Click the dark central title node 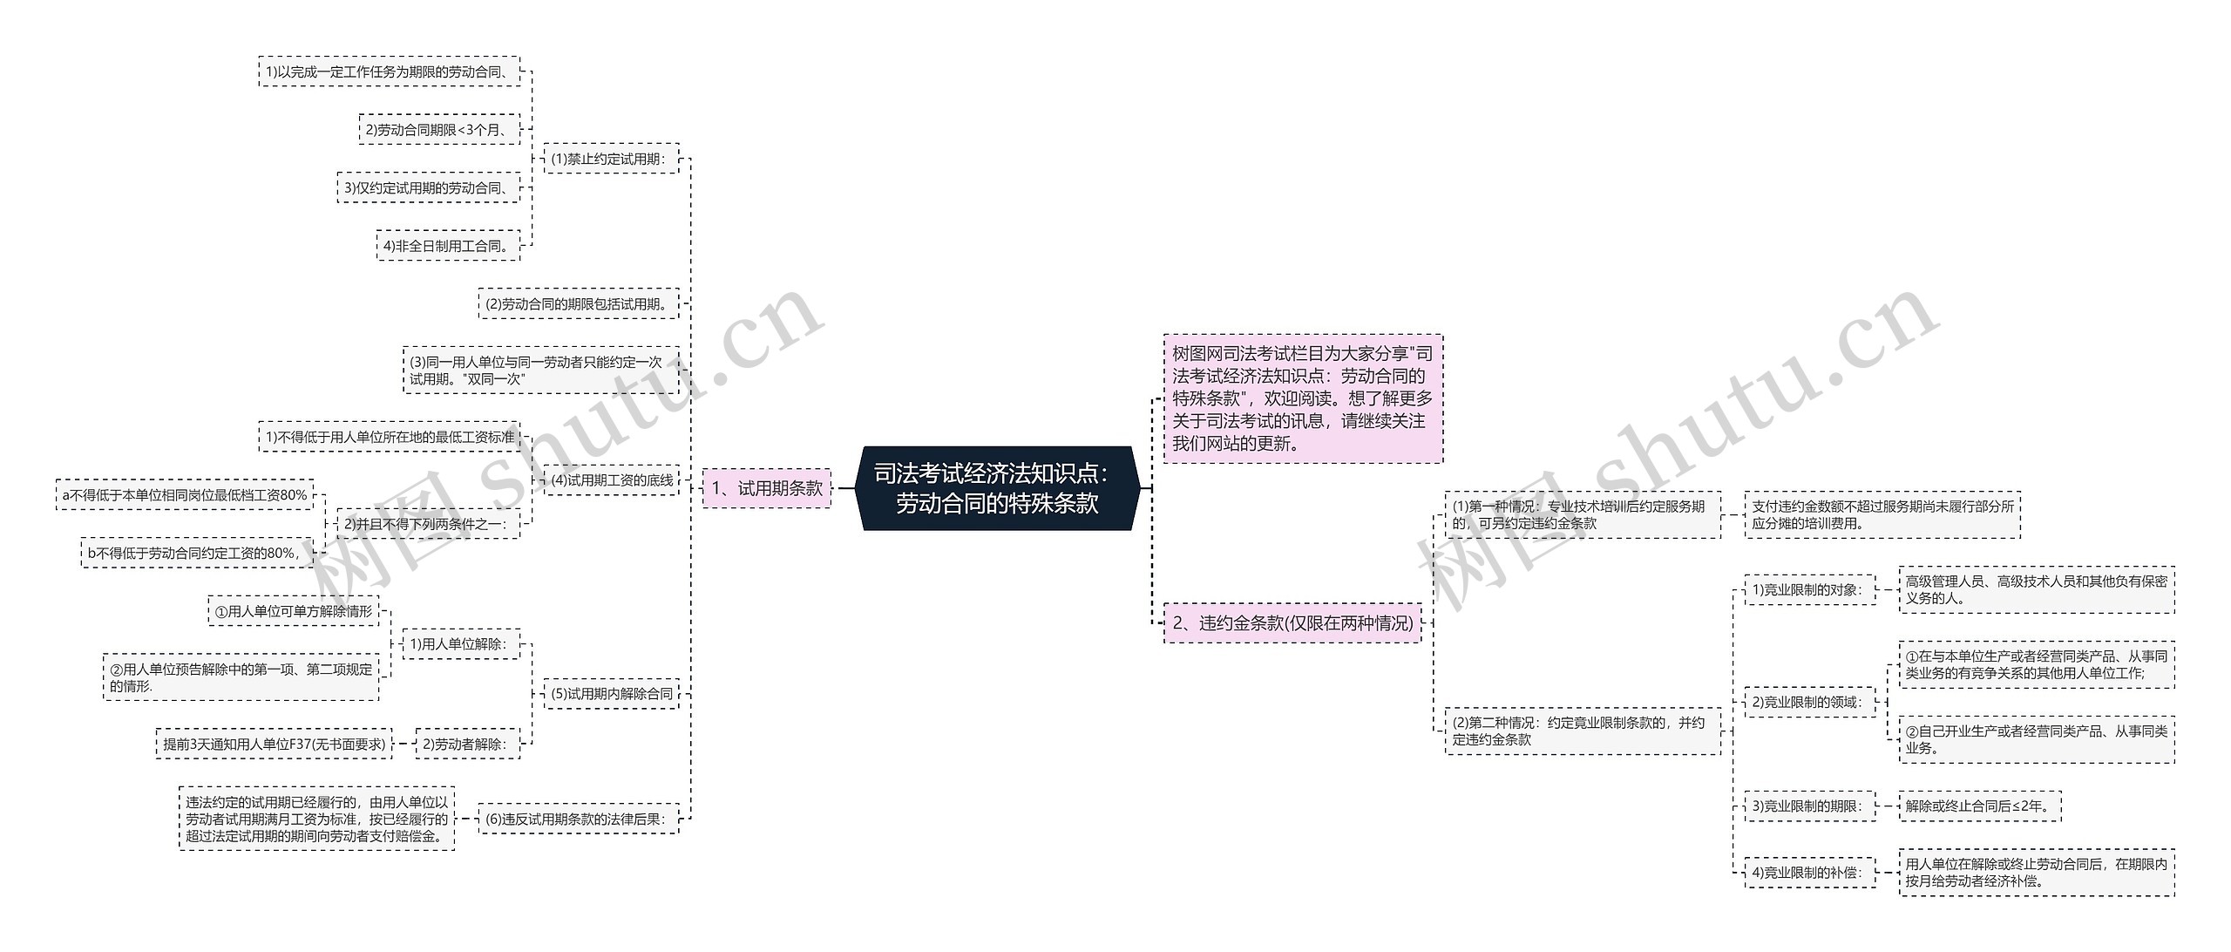pyautogui.click(x=998, y=488)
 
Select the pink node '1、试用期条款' pyautogui.click(x=767, y=488)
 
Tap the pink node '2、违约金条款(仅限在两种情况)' pyautogui.click(x=1292, y=623)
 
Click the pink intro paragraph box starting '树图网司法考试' pyautogui.click(x=1303, y=398)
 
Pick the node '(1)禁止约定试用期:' pyautogui.click(x=610, y=159)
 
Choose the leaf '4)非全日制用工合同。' pyautogui.click(x=448, y=246)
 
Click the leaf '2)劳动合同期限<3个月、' pyautogui.click(x=439, y=130)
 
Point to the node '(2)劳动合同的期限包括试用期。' pyautogui.click(x=579, y=304)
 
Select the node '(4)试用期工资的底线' pyautogui.click(x=612, y=480)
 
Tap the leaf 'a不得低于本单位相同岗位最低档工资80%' pyautogui.click(x=185, y=495)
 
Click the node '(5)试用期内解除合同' pyautogui.click(x=612, y=694)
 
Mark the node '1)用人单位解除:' pyautogui.click(x=460, y=644)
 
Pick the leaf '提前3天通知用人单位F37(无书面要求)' pyautogui.click(x=275, y=745)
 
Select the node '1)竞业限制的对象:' pyautogui.click(x=1809, y=590)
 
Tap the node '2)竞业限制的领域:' pyautogui.click(x=1809, y=702)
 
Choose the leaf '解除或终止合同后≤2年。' pyautogui.click(x=1980, y=806)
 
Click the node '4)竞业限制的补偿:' pyautogui.click(x=1809, y=873)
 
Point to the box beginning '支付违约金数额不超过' pyautogui.click(x=1882, y=515)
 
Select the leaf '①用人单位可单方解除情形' pyautogui.click(x=294, y=612)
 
